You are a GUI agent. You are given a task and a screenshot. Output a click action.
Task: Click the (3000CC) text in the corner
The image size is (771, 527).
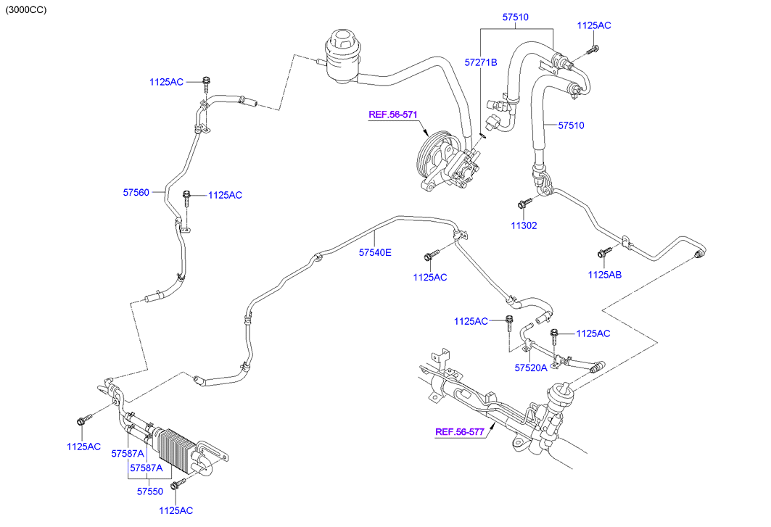coord(26,10)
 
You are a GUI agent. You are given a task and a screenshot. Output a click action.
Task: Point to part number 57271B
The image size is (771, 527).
coord(481,62)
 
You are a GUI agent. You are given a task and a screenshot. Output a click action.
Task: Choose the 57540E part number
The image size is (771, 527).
coord(375,253)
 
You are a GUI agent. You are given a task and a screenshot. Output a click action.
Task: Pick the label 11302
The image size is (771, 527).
coord(524,225)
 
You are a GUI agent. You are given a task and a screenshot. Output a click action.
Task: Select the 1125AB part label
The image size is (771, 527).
coord(605,275)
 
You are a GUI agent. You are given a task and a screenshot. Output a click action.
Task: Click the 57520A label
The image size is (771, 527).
coord(531,368)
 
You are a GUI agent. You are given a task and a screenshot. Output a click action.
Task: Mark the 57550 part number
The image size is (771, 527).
coord(152,491)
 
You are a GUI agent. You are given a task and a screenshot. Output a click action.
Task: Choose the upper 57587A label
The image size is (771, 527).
coord(127,453)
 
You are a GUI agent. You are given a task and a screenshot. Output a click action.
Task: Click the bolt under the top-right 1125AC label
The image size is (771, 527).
coord(591,50)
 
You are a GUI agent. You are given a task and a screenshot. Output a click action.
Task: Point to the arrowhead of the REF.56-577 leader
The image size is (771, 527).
coord(493,427)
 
